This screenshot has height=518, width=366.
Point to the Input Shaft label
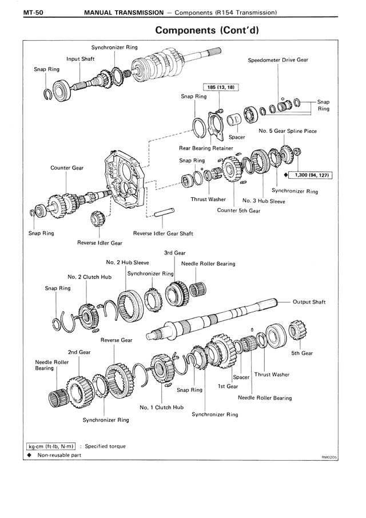(80, 59)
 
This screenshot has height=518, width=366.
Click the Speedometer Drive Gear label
(278, 60)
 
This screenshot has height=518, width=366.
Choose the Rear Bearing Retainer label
(206, 148)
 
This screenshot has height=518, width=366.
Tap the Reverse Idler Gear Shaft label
(163, 233)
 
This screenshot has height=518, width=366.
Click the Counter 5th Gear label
(238, 210)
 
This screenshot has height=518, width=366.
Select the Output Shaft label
(309, 301)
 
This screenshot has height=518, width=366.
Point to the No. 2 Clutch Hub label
(89, 277)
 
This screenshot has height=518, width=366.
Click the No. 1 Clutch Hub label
(162, 407)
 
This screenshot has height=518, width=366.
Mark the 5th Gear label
(302, 354)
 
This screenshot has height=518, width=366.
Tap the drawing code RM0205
(330, 457)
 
